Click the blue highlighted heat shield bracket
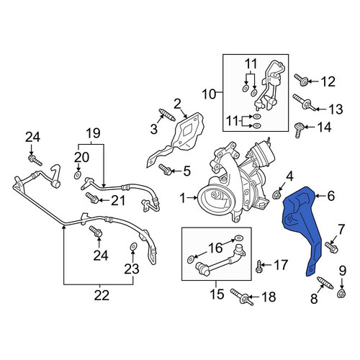[x=304, y=225]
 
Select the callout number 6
[x=330, y=196]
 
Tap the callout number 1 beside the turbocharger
[x=183, y=198]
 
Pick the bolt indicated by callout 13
[x=305, y=102]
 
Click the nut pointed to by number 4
[x=276, y=194]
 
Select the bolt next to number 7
[x=331, y=248]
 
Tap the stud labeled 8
[x=325, y=283]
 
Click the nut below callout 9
[x=341, y=294]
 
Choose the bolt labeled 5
[x=165, y=169]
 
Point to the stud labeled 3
[x=167, y=115]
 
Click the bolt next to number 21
[x=92, y=197]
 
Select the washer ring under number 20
[x=78, y=175]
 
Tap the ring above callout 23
[x=133, y=246]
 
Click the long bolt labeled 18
[x=242, y=297]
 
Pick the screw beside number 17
[x=258, y=266]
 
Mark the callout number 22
[x=102, y=295]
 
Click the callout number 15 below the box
[x=217, y=294]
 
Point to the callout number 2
[x=177, y=104]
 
